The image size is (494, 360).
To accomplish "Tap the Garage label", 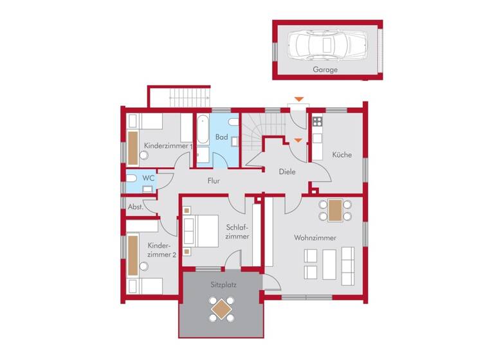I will [x=325, y=69].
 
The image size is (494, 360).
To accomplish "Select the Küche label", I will [x=342, y=155].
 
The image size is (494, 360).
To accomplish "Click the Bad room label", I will [x=221, y=137].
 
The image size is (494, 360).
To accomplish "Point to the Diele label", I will [x=287, y=172].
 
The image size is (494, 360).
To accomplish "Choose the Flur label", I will [x=214, y=181].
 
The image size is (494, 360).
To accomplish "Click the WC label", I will [x=148, y=177].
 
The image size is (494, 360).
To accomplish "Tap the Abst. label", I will [x=135, y=207].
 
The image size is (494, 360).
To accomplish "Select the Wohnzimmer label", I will [x=315, y=238].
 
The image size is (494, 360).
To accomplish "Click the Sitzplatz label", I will [x=221, y=283].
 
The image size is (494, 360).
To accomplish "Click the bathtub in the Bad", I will [x=202, y=130].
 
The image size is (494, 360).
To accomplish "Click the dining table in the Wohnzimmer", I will [x=335, y=210].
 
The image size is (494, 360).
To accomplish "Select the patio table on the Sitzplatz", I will [x=221, y=309].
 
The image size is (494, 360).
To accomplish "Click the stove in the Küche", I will [x=317, y=120].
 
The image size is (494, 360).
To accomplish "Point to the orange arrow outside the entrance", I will [x=297, y=99].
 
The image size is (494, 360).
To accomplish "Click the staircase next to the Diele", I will [x=264, y=128].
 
